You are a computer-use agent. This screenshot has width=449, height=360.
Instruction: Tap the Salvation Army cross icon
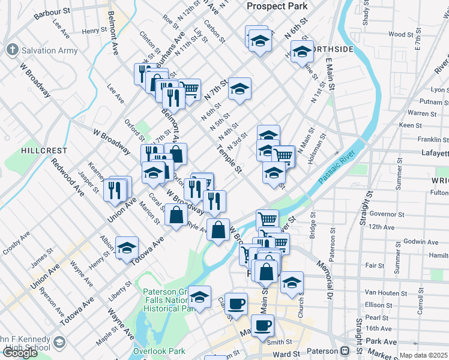tap(11, 50)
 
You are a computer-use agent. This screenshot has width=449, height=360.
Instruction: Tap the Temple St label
tap(230, 161)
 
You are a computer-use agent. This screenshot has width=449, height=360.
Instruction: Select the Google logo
tap(20, 353)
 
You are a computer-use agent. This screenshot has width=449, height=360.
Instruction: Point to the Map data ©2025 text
tap(424, 355)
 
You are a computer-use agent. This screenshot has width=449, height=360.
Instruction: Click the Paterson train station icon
tap(345, 351)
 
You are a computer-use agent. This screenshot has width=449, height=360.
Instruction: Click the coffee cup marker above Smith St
tap(262, 326)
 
